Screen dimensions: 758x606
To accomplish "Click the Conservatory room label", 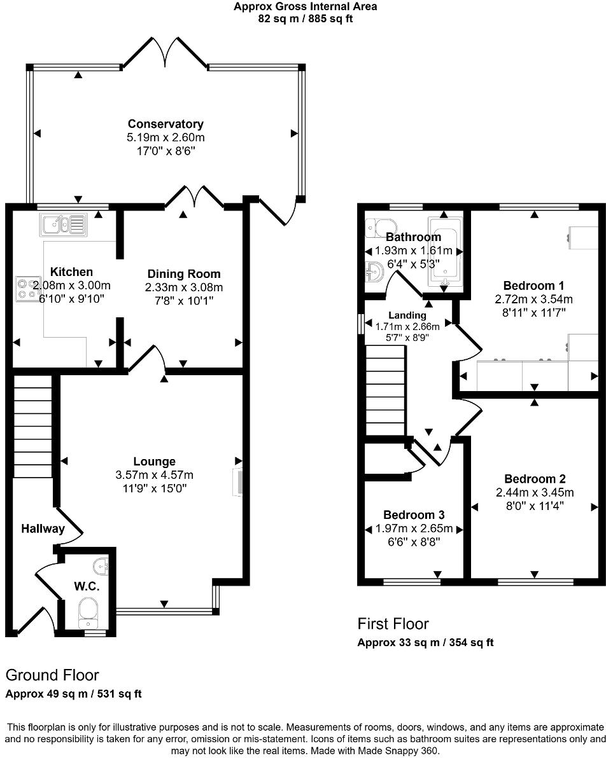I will coord(166,124).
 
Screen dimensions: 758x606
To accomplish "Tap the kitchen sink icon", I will coord(62,224).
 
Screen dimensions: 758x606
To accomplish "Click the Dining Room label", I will coord(184,274).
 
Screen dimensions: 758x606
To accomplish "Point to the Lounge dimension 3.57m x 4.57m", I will coord(155,474).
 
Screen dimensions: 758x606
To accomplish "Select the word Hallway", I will coord(43,528).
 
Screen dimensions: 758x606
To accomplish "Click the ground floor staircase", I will coord(32,426).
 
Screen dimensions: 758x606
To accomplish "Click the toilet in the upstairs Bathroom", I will coord(380,226).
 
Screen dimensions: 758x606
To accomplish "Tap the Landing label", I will coord(407,315).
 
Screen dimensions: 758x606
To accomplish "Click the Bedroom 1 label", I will coord(533,286).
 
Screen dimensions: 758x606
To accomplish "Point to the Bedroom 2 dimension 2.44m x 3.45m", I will coord(534,492).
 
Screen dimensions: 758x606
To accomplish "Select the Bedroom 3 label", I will coord(414,515).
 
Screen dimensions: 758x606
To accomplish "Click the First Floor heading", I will coord(393,624).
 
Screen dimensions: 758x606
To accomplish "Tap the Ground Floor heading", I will coord(52,675).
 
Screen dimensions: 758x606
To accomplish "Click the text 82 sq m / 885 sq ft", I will coord(305,18).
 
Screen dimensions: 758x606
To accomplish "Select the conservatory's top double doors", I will coord(165,54).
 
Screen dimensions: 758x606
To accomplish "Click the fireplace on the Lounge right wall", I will coord(238,481).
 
